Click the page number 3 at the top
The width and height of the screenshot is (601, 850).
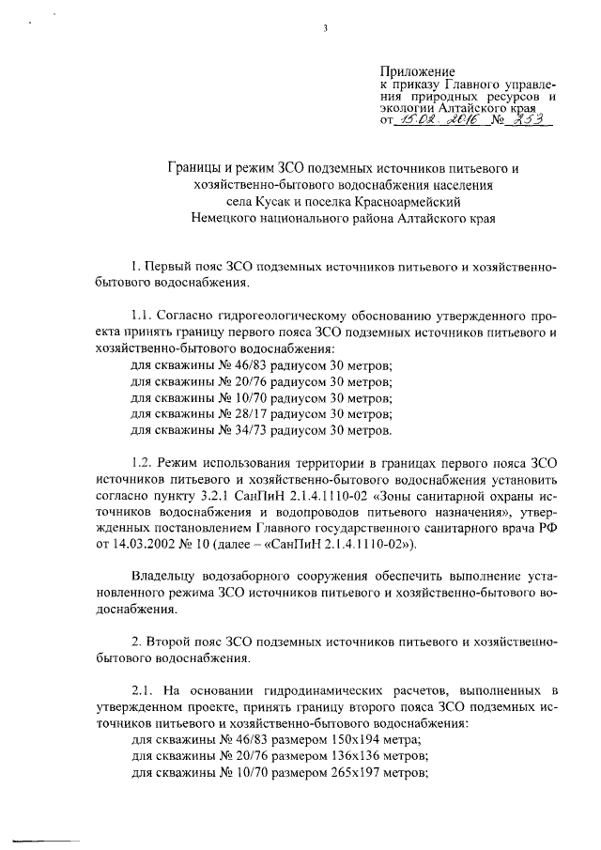325,28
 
